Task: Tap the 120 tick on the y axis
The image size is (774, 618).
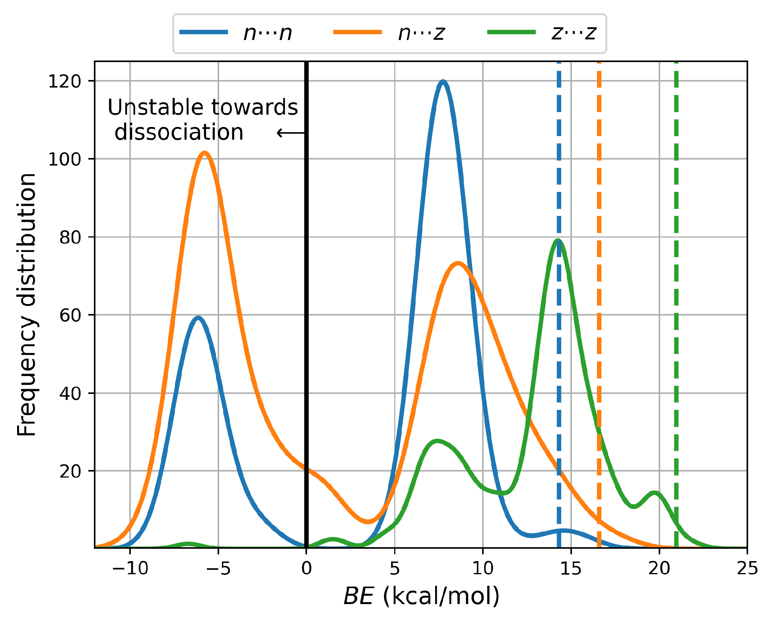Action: [x=64, y=81]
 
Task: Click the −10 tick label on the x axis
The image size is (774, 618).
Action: [x=130, y=569]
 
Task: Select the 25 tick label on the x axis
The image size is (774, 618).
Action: [x=747, y=569]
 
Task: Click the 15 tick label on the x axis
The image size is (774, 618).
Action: [x=571, y=569]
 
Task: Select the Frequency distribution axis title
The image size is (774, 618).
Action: [x=27, y=304]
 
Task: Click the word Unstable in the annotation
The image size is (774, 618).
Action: [x=154, y=107]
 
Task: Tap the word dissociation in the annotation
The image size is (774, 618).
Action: [x=179, y=132]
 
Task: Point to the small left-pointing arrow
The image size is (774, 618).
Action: [x=291, y=133]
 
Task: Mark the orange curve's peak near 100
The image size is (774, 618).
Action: [x=204, y=153]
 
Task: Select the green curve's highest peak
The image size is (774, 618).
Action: [x=558, y=241]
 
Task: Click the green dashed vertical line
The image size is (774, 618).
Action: [x=676, y=279]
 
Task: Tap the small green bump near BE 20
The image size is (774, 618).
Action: [x=654, y=493]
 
